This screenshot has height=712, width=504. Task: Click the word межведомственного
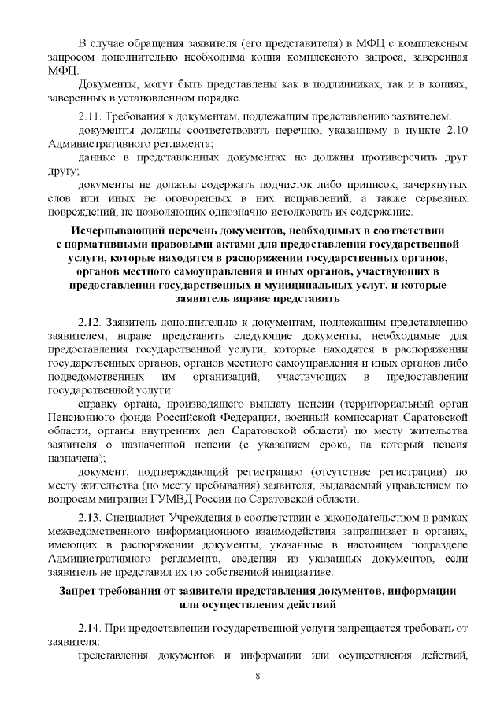(99, 530)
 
